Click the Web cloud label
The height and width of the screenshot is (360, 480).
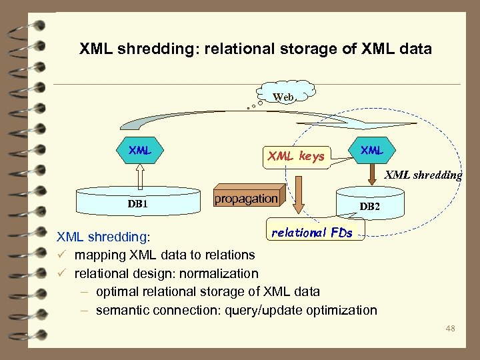tap(283, 97)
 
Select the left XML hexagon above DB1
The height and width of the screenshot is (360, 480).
tap(140, 151)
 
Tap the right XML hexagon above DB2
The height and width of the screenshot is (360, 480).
tap(371, 151)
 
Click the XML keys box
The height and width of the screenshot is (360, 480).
tap(295, 157)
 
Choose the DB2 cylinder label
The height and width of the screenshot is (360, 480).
tap(370, 207)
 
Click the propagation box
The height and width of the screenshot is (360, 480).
tap(246, 199)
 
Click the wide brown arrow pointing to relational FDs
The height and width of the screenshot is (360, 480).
tap(301, 193)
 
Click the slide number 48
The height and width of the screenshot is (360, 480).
tap(450, 328)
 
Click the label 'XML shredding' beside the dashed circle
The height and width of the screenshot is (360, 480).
tap(423, 175)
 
